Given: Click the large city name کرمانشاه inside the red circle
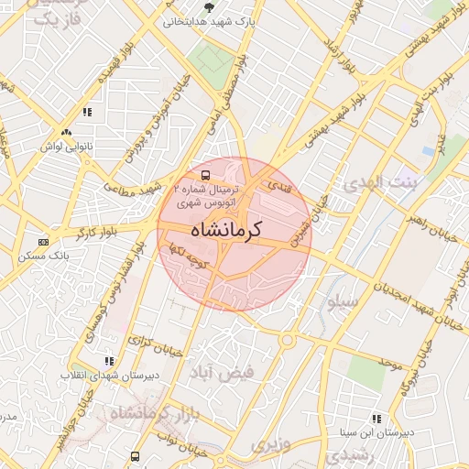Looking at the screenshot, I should pos(224,230).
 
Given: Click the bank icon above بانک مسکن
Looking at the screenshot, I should pos(43,242).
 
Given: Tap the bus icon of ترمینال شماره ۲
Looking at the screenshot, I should pos(204,173).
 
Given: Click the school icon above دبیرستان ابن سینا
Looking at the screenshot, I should pos(376,419).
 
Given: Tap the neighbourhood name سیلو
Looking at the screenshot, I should pos(333,303).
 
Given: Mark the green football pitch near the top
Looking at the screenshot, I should pos(213,59).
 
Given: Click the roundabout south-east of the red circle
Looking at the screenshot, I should pos(289,341).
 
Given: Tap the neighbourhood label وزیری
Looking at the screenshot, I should pos(269,446).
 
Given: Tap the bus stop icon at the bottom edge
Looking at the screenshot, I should pos(136,456).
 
